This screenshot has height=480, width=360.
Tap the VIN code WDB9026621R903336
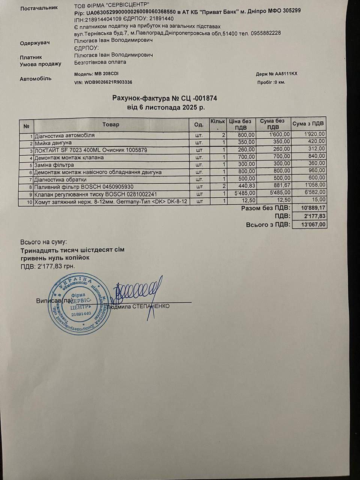tap(108, 82)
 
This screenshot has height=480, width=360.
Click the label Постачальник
tap(39, 7)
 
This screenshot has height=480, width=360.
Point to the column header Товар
tap(111, 124)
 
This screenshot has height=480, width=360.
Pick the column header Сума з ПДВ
tap(308, 124)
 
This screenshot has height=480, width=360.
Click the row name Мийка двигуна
tap(53, 143)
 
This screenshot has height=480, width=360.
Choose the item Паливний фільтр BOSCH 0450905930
tap(84, 187)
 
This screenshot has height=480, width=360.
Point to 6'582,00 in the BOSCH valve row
tap(313, 194)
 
